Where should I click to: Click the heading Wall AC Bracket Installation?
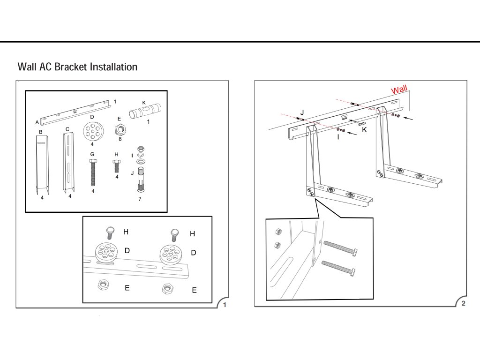point(77,67)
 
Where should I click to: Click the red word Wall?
point(399,89)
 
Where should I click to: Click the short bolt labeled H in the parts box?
point(117,166)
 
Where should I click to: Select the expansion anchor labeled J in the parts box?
point(141,180)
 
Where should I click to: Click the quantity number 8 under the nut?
point(120,139)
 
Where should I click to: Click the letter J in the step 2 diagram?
point(302,112)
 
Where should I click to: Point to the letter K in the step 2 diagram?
point(365,129)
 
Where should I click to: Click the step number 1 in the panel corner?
point(225,305)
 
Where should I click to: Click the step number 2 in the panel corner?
point(463,303)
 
